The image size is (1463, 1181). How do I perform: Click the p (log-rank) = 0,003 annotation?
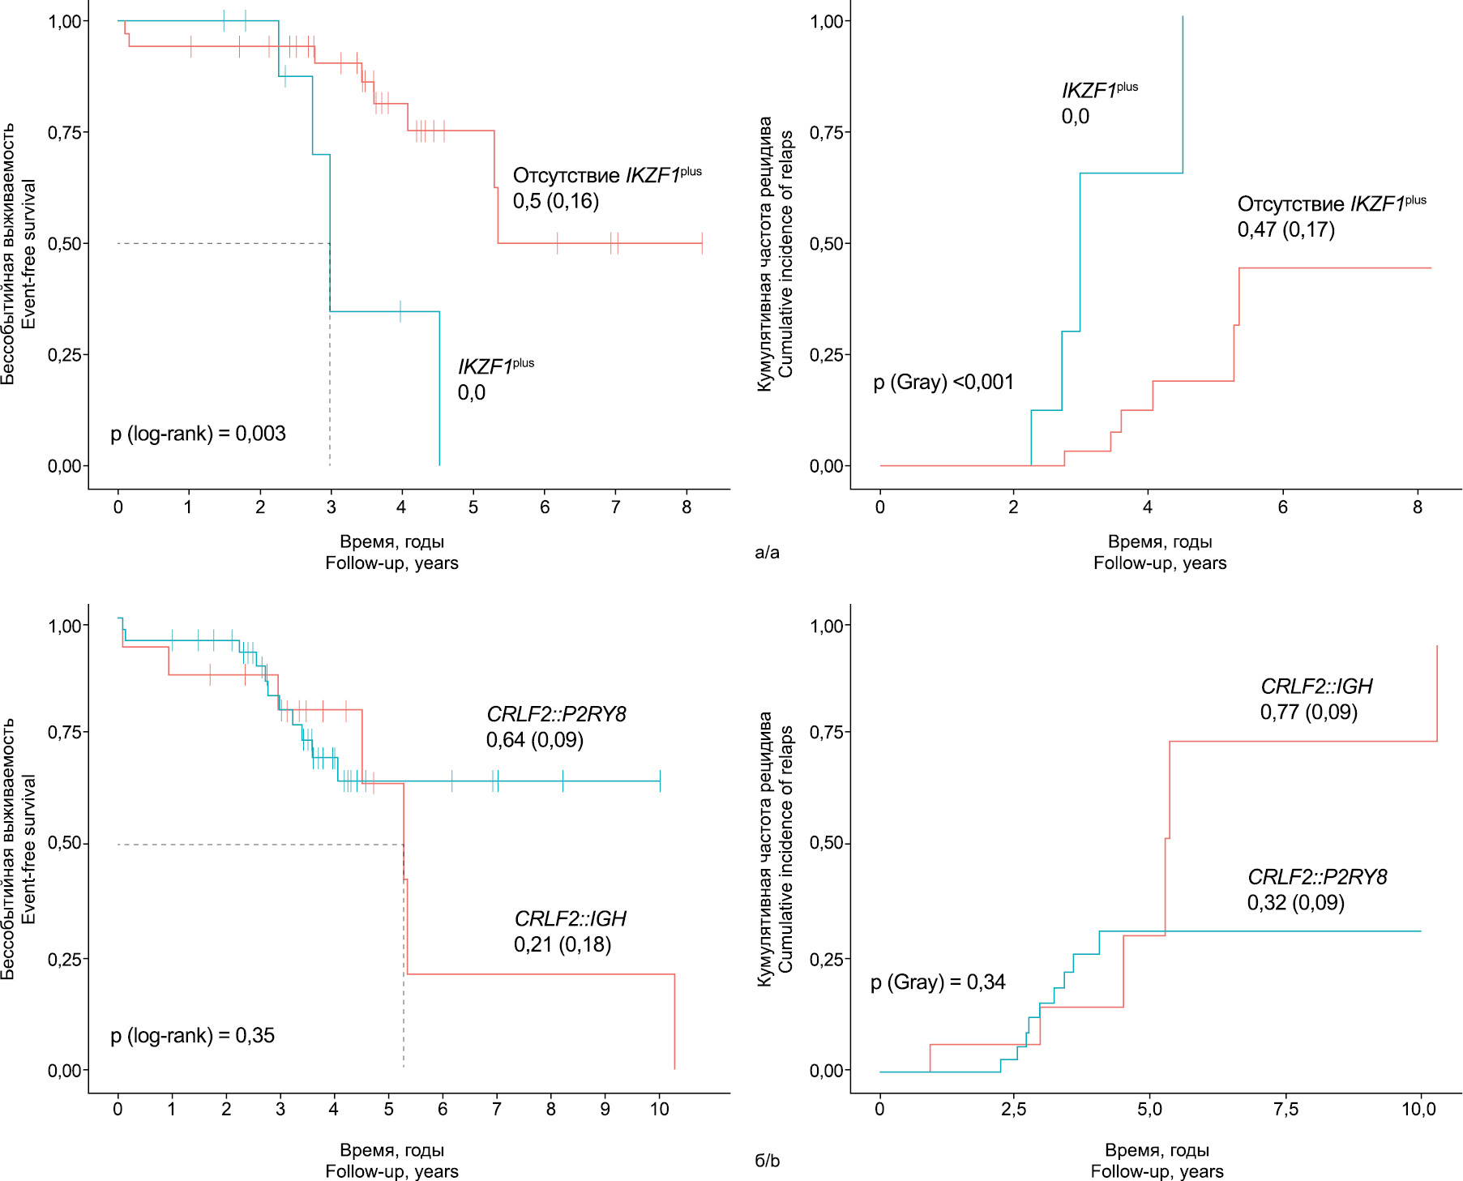point(198,434)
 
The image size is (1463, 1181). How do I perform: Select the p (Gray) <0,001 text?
point(943,382)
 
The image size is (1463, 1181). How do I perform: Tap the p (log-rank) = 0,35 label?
point(192,1036)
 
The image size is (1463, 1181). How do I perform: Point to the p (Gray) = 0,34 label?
point(938,982)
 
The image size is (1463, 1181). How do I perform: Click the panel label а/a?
point(767,553)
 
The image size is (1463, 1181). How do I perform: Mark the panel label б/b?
point(767,1161)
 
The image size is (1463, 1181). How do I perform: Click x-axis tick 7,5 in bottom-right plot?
point(1285,1110)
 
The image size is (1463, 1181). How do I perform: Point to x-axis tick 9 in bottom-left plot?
point(605,1110)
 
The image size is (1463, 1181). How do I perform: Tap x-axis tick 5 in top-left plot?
point(473,507)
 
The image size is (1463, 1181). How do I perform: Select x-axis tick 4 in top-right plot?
point(1148,507)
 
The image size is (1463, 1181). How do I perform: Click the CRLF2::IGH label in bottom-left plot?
point(570,919)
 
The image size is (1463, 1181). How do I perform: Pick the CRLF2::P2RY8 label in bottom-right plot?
point(1317,877)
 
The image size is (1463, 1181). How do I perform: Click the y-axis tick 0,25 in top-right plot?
point(827,355)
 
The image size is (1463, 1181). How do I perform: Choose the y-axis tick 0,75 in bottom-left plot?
point(65,732)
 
